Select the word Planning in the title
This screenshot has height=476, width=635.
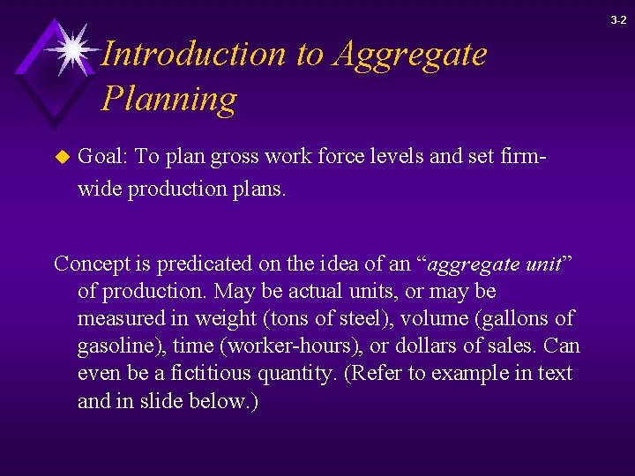coord(168,99)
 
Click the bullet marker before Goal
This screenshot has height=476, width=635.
coord(61,158)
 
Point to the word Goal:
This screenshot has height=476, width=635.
coord(103,157)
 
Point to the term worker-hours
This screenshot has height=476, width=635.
coord(279,346)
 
